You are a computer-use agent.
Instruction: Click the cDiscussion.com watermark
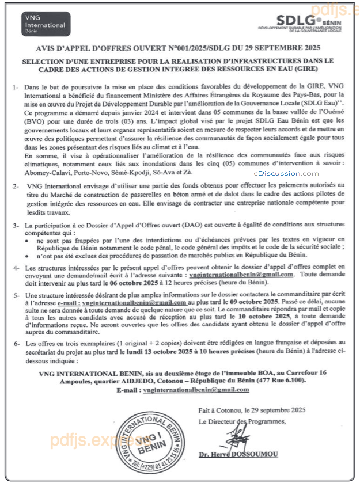285,173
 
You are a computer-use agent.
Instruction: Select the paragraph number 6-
16,343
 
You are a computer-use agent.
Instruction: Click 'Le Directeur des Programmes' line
241,421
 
